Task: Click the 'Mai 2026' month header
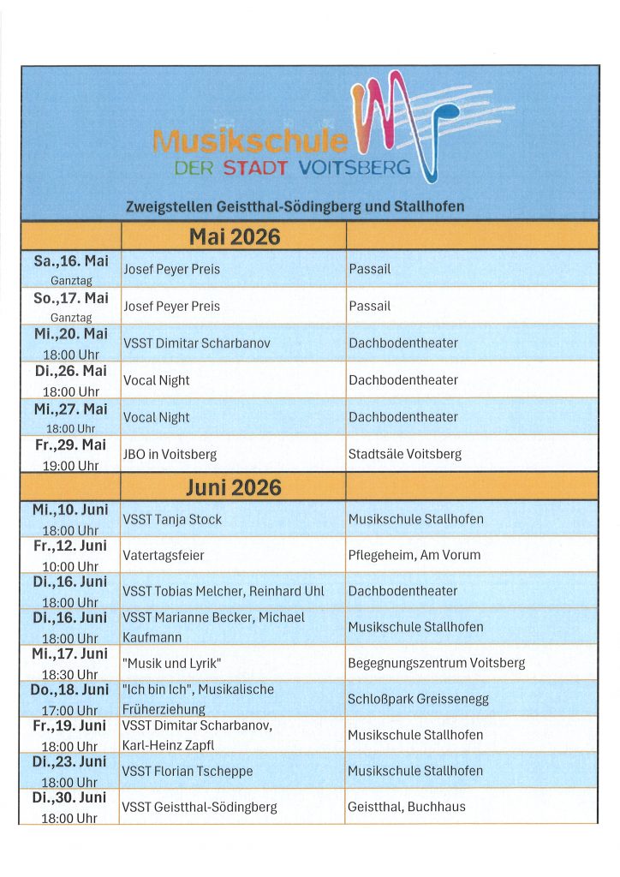[x=234, y=236]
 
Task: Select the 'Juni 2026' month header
[x=234, y=487]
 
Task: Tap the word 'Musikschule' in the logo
[x=250, y=141]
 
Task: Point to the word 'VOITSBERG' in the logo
[x=354, y=168]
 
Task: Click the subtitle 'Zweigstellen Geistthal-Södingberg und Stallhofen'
[x=295, y=206]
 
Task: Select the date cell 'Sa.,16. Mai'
[x=71, y=261]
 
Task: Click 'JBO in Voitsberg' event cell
[x=170, y=454]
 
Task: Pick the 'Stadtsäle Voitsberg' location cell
[x=405, y=454]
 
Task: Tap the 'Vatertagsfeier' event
[x=164, y=555]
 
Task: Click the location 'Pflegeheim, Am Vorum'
[x=414, y=555]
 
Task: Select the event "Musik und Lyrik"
[x=172, y=663]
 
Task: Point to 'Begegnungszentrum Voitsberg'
[x=437, y=663]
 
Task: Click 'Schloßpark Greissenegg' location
[x=418, y=699]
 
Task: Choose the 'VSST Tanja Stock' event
[x=172, y=519]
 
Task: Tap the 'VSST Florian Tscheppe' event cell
[x=188, y=771]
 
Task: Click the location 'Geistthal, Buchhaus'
[x=407, y=807]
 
